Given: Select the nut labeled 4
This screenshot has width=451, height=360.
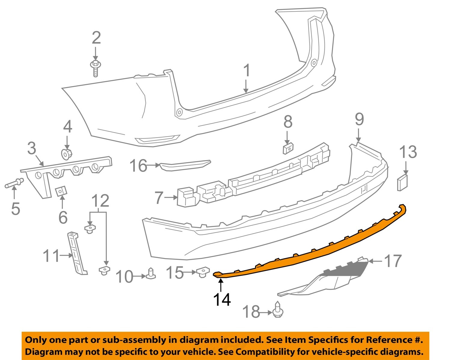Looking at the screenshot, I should coord(66,154).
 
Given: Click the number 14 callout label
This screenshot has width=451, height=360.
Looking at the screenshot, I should coord(222,300).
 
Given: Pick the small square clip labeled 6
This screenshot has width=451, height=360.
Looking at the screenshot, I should coord(62,191).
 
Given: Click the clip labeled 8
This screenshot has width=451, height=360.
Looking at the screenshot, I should coord(288,148).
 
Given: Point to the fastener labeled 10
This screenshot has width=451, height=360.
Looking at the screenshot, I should coord(151,273).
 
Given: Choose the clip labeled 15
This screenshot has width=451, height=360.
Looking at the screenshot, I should coord(203,272).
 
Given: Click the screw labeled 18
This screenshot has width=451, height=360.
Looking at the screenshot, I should coord(278,310).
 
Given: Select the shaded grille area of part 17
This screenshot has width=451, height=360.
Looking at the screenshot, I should coord(346,269).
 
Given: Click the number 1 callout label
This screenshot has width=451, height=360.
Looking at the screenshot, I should coord(247,71).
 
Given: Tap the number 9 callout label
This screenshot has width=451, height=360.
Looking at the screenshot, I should coord(359,119).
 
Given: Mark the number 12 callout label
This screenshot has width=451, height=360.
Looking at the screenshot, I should coord(100,201).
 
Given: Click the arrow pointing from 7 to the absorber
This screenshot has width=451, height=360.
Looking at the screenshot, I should coord(171,197).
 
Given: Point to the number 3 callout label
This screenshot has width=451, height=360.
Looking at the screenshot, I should coord(32,149).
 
